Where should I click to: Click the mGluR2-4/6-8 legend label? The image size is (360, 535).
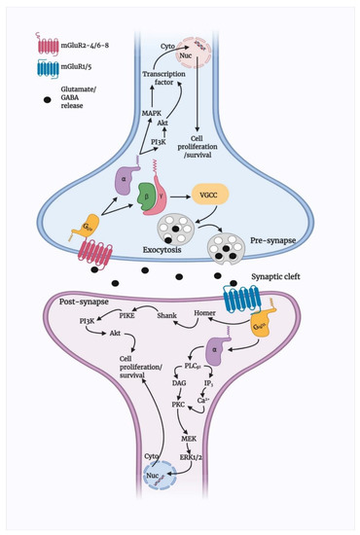(92, 46)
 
